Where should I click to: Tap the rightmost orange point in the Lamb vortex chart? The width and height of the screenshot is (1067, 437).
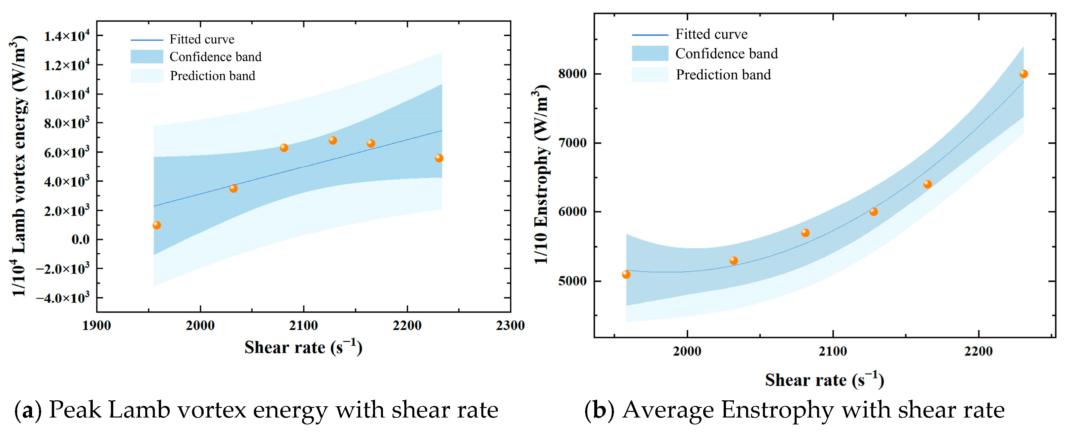coord(439,158)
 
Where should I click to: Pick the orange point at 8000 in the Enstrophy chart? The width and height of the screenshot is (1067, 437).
coord(1023,74)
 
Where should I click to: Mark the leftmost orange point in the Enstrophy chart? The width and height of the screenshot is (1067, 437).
coord(626,274)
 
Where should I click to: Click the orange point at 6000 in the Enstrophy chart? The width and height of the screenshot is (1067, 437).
coord(874,212)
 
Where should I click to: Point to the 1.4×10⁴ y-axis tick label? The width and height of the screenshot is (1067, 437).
coord(67,36)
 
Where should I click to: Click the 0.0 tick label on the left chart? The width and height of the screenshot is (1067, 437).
coord(81,240)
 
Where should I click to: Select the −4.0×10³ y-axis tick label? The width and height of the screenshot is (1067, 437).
coord(62,298)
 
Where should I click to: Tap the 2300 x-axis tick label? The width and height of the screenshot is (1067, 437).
coord(510,325)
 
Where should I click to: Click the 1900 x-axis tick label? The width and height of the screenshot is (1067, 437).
coord(96,325)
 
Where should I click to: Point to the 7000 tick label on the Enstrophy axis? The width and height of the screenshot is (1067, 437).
coord(572,143)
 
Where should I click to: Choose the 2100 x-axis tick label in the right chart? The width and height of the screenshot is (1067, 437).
coord(833,351)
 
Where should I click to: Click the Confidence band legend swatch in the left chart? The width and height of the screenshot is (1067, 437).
coord(147,57)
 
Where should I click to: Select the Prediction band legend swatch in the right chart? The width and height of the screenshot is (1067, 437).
coord(650,75)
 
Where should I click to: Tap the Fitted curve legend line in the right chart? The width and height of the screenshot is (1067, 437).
coord(650,35)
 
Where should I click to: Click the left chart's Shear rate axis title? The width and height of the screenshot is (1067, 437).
coord(303,347)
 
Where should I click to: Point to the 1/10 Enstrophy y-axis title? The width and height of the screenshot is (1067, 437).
coord(541,174)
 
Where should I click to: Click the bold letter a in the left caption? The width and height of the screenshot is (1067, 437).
coord(28,411)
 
